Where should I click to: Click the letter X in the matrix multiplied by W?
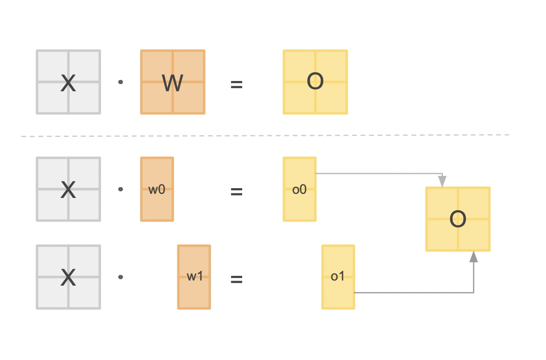coord(68,83)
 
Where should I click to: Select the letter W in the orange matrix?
coord(172,83)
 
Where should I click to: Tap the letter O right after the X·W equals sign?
coord(315,82)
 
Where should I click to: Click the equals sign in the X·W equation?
coord(236,84)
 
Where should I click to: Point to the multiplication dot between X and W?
coord(121,82)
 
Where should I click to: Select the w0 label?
coord(157,189)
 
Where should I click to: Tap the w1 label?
coord(194,277)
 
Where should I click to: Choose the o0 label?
coord(299,189)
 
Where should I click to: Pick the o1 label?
coord(338,277)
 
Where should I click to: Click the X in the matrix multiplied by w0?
coord(68,190)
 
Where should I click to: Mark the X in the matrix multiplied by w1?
coord(68,277)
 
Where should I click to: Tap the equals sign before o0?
coord(236,192)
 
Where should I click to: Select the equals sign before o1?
coord(236,279)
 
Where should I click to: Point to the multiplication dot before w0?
coord(121,189)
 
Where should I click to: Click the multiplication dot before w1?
coord(121,277)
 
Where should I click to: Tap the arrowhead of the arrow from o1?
coord(474,257)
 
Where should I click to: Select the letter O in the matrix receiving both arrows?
coord(458,219)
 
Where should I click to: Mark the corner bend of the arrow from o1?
coord(474,293)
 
